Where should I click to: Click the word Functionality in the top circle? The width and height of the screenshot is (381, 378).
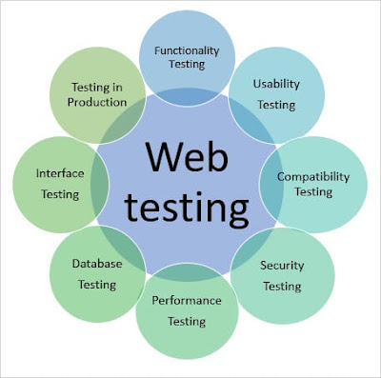click(187, 51)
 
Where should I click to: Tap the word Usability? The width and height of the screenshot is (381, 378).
click(276, 85)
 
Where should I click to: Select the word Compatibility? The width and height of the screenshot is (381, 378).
click(313, 177)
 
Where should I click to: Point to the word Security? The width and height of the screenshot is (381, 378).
click(282, 266)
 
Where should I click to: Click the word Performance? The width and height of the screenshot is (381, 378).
click(187, 300)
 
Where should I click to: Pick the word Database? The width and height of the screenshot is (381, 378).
click(97, 264)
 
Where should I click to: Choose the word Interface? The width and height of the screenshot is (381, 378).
click(60, 173)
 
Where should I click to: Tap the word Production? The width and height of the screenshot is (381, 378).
click(97, 102)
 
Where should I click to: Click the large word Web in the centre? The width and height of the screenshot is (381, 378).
click(188, 156)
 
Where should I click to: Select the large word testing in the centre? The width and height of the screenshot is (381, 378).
click(187, 207)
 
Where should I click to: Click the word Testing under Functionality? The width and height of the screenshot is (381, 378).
click(187, 65)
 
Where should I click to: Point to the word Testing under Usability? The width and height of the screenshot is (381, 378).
click(276, 105)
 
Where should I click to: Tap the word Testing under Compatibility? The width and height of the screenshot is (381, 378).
click(313, 192)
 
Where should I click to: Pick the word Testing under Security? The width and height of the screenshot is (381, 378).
click(282, 287)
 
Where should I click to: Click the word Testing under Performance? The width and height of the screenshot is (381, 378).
click(187, 322)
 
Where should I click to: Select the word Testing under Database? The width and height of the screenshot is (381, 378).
click(97, 285)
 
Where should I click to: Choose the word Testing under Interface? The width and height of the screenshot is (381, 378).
click(60, 194)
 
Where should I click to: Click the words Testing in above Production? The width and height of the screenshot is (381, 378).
click(97, 88)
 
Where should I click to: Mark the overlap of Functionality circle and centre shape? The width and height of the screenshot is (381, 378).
click(188, 97)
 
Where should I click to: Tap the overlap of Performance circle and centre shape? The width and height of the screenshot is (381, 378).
click(188, 271)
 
